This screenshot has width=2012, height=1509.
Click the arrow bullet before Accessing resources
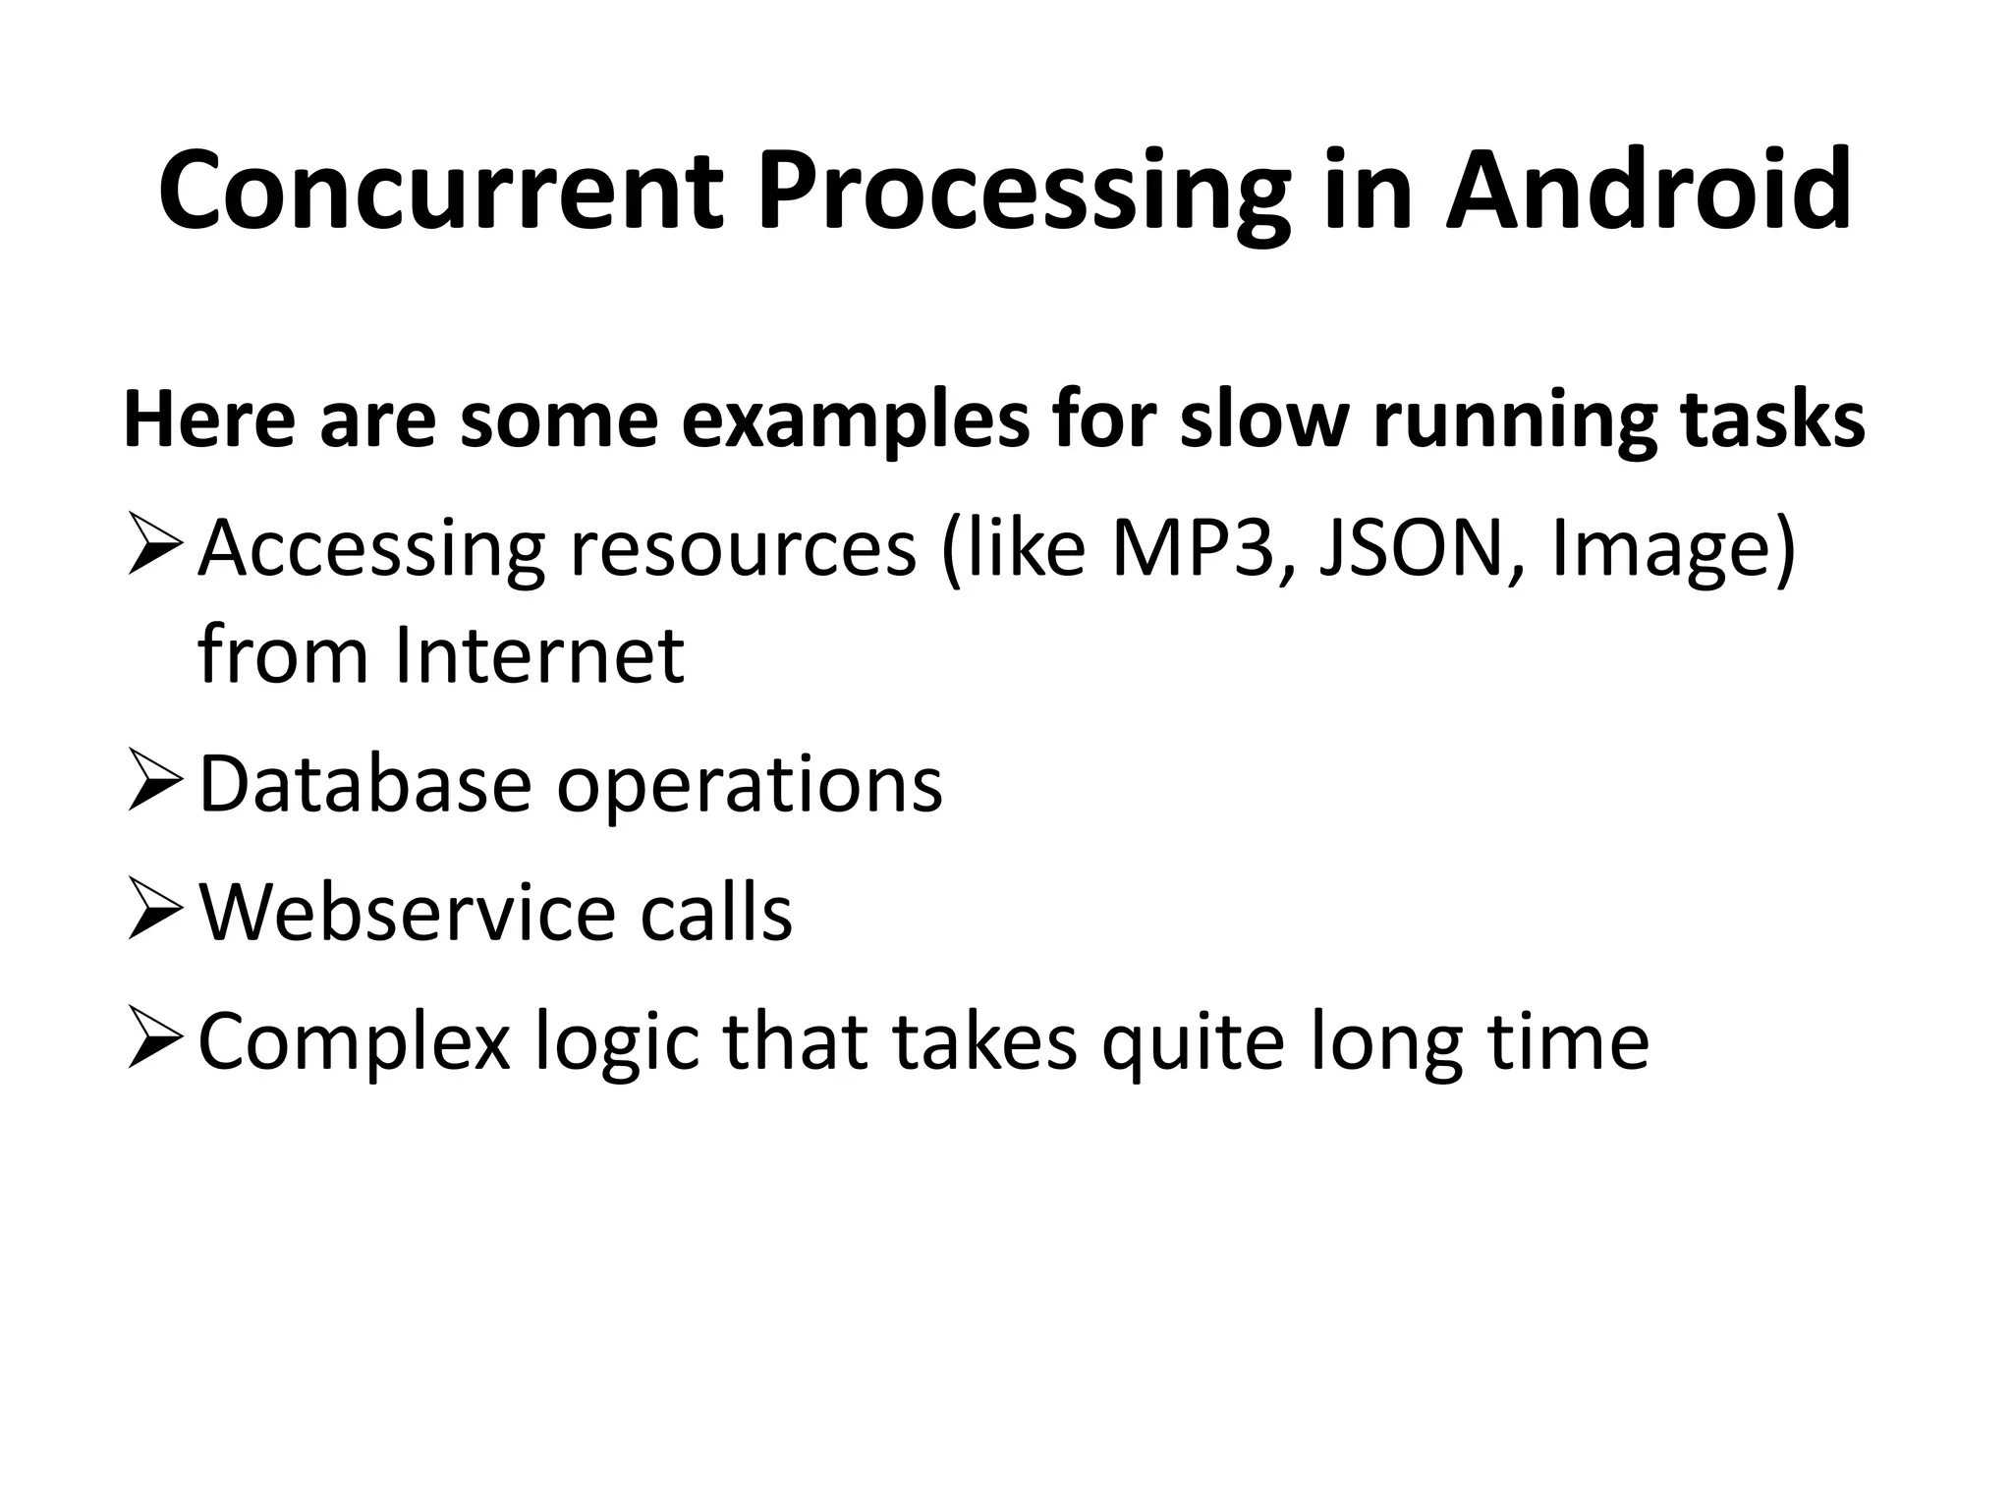pos(155,551)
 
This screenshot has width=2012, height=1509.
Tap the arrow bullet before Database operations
pos(155,784)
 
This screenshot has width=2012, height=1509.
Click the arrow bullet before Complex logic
pos(155,1042)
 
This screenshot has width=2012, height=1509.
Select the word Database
pos(364,784)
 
